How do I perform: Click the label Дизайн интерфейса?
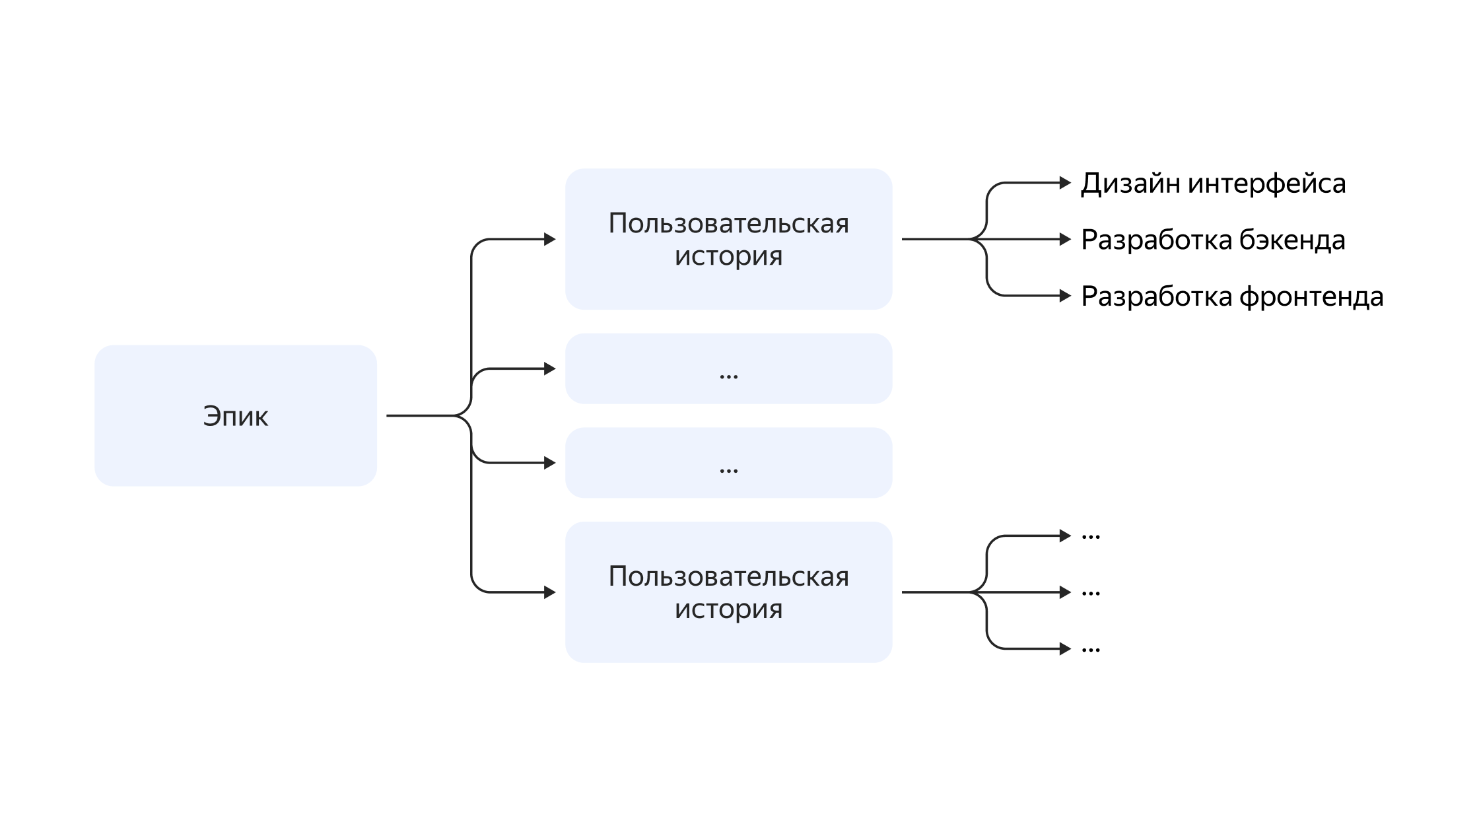pos(1213,184)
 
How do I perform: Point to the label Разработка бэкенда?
pos(1213,240)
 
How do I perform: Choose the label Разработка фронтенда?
pos(1232,296)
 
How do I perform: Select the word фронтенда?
pos(1311,296)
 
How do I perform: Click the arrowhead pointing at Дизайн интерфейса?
pos(1065,183)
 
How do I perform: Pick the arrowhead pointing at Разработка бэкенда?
pos(1065,239)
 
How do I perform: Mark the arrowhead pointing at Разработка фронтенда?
pos(1065,296)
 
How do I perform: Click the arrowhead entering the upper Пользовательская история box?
pos(549,239)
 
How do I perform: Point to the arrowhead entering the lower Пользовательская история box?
pos(549,592)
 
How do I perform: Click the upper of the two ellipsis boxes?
pos(728,368)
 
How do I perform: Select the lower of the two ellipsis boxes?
pos(728,463)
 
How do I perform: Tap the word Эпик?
pos(235,417)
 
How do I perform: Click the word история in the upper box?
pos(728,256)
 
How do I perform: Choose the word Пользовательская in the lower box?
pos(728,576)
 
